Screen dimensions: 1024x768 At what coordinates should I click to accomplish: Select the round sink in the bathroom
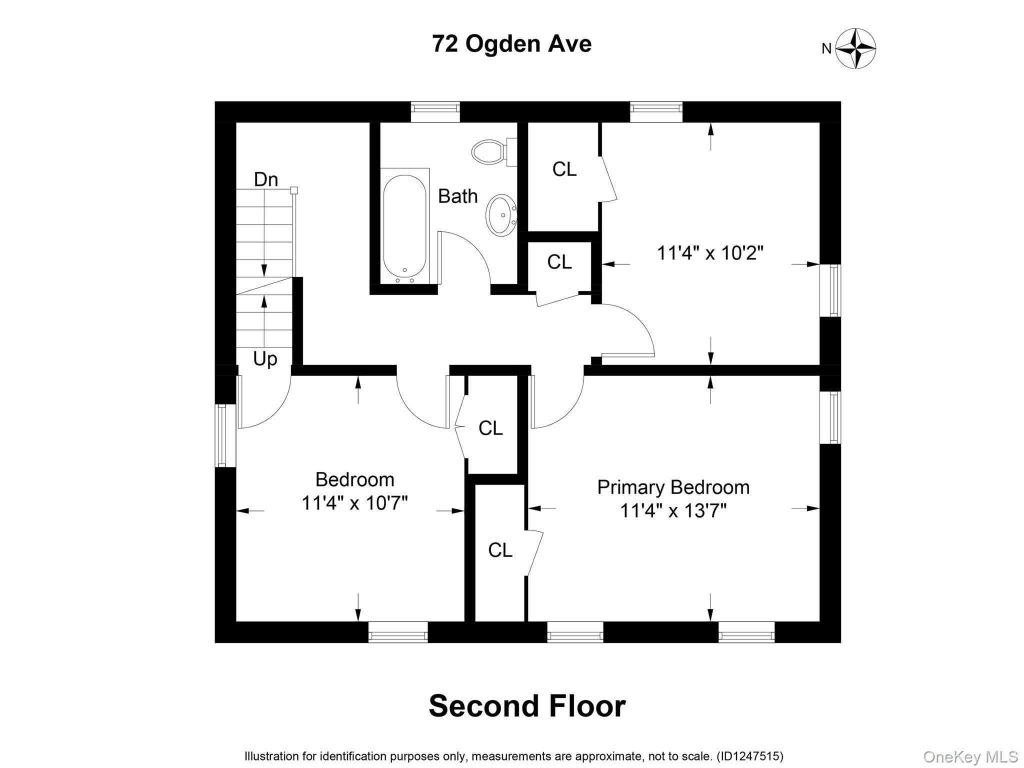tap(501, 215)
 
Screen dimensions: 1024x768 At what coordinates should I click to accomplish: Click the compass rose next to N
tap(856, 48)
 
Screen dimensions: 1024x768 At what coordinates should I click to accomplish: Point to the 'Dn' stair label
tap(266, 179)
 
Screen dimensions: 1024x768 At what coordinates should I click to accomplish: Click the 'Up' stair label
tap(265, 359)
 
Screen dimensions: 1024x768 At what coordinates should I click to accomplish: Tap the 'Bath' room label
tap(457, 196)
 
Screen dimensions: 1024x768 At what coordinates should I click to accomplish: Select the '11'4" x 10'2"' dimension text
tap(710, 253)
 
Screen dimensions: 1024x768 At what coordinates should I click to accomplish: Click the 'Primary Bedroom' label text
tap(673, 487)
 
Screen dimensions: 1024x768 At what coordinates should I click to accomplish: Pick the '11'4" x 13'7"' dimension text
tap(673, 511)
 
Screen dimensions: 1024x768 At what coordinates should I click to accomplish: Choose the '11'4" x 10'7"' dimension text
tap(354, 503)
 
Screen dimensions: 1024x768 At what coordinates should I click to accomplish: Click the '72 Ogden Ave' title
tap(512, 44)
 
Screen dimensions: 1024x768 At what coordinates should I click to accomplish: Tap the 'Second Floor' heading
tap(527, 706)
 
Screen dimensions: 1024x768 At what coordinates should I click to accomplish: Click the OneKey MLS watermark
tap(970, 757)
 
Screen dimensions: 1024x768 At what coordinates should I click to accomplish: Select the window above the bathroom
tap(435, 112)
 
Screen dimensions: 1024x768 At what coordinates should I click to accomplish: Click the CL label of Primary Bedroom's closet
tap(500, 550)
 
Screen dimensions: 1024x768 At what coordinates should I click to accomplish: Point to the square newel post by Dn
tap(294, 190)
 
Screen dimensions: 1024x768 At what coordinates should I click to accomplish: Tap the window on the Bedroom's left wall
tap(225, 435)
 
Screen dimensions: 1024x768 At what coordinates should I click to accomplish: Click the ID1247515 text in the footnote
tap(750, 756)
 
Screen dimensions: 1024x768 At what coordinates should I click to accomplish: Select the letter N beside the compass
tap(826, 48)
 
